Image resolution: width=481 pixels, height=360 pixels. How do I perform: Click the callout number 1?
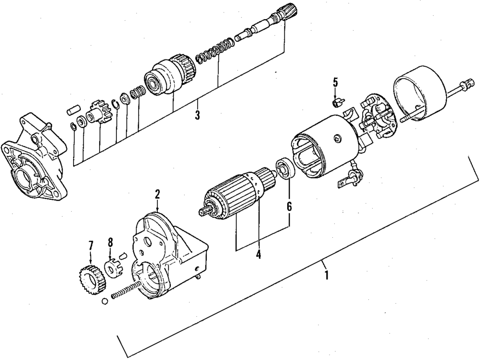[x=327, y=276]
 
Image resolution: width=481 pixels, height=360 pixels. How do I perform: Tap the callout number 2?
[x=157, y=194]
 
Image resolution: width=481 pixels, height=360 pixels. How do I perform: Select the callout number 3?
[x=197, y=115]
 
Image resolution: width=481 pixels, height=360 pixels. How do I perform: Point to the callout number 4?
[x=258, y=255]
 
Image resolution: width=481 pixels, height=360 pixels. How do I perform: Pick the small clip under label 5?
[x=337, y=102]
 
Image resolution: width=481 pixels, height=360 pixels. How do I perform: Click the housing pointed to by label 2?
[x=166, y=255]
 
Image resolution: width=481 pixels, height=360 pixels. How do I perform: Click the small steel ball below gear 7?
[x=104, y=302]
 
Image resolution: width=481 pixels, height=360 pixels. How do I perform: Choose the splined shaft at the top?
[x=267, y=27]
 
